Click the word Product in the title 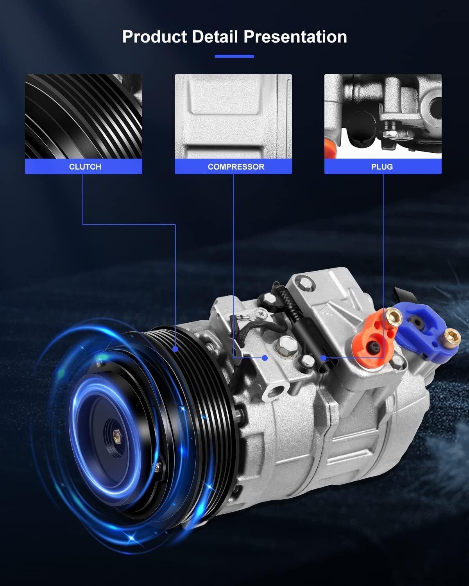(155, 37)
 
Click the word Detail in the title (215, 36)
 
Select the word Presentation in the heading (295, 36)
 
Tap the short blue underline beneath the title (234, 56)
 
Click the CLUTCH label (85, 167)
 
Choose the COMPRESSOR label (236, 167)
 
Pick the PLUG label (382, 167)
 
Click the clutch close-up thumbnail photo (84, 116)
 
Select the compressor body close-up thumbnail (233, 116)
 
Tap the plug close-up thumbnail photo (383, 116)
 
